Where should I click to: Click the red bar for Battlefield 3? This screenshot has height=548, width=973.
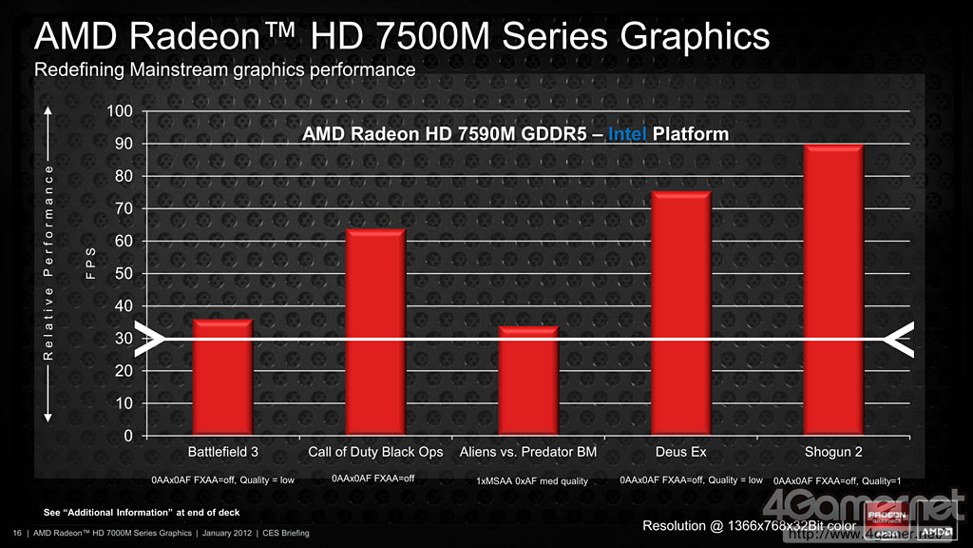click(222, 378)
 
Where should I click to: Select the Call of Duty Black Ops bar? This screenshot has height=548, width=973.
click(375, 332)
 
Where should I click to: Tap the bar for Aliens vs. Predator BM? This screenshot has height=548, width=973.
click(528, 381)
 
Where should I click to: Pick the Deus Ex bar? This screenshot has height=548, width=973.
click(681, 314)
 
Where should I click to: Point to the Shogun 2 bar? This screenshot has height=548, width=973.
click(833, 290)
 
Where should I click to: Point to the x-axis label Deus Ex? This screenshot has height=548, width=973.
click(681, 452)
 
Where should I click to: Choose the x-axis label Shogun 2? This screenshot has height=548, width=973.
click(833, 452)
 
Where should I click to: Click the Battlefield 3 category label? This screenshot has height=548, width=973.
click(222, 452)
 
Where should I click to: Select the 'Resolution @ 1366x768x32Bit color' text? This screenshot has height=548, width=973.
click(749, 525)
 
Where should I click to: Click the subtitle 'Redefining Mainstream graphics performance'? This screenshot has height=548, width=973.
click(224, 69)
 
